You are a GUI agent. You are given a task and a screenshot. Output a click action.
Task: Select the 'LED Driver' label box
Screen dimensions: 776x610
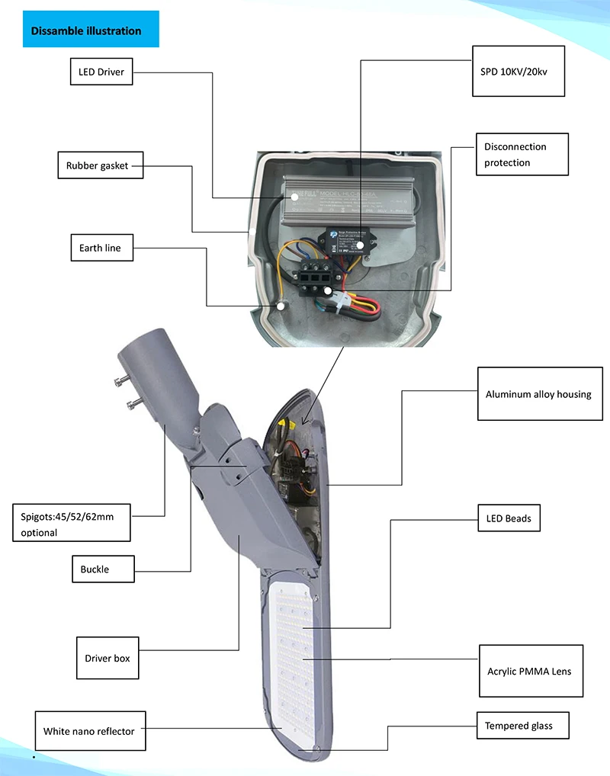point(101,72)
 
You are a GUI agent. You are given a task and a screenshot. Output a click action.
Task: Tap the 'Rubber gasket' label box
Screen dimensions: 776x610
point(99,165)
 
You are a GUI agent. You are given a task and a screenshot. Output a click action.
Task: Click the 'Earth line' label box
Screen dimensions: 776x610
point(100,248)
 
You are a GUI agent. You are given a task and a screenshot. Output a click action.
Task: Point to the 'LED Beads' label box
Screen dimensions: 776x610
point(508,518)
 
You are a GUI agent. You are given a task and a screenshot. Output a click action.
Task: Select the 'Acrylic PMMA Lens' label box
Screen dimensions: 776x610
point(529,672)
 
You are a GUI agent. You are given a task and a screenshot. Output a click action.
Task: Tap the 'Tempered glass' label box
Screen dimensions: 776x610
point(518,726)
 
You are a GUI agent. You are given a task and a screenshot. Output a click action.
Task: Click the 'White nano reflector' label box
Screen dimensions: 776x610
point(88,731)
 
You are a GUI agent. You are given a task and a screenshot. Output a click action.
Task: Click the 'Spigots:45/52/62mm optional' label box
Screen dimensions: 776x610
point(71,524)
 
